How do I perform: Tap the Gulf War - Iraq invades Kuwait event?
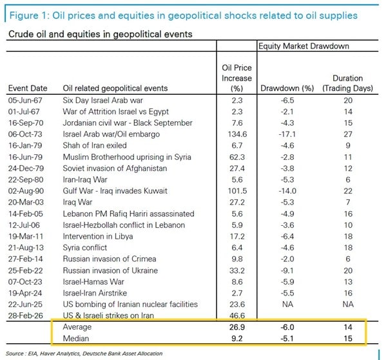tap(115, 190)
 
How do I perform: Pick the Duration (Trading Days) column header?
tap(348, 83)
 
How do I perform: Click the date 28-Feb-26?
tap(26, 315)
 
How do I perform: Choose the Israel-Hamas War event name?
tap(90, 281)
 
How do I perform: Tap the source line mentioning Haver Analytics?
tap(90, 354)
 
